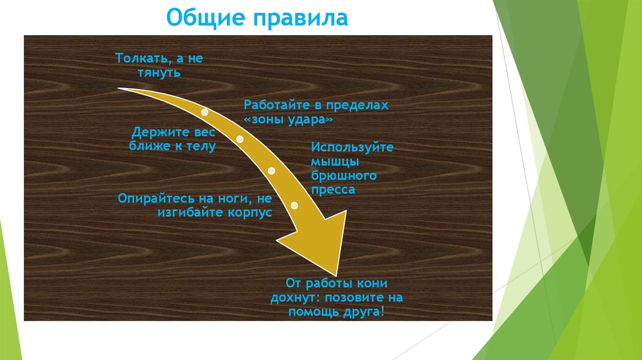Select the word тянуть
[159, 73]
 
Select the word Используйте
[352, 147]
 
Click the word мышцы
[332, 161]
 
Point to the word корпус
[249, 213]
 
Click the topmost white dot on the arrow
[204, 112]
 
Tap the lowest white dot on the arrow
[295, 205]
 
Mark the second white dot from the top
[239, 139]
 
